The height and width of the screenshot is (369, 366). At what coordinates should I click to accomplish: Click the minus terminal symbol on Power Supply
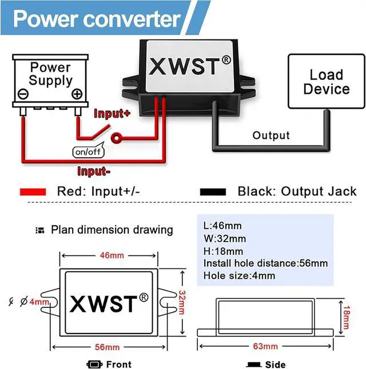click(23, 94)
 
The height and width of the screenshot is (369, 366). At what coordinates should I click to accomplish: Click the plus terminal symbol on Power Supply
click(77, 95)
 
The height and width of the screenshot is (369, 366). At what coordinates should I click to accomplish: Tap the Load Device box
click(326, 82)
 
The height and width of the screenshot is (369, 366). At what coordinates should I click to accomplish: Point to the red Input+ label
click(112, 113)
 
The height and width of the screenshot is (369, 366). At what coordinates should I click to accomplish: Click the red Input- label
click(94, 171)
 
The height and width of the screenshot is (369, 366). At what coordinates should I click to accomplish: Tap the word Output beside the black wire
click(271, 135)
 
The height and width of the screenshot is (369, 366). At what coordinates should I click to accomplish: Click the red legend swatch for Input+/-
click(33, 192)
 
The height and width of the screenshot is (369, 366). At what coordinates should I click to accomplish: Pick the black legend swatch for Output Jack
click(213, 192)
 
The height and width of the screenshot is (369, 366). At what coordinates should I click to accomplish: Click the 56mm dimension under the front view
click(107, 347)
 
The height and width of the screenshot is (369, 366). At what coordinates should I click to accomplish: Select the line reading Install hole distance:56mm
click(265, 263)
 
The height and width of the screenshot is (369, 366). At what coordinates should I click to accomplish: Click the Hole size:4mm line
click(239, 276)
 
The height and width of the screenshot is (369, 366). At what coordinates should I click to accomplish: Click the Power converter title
click(97, 19)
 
